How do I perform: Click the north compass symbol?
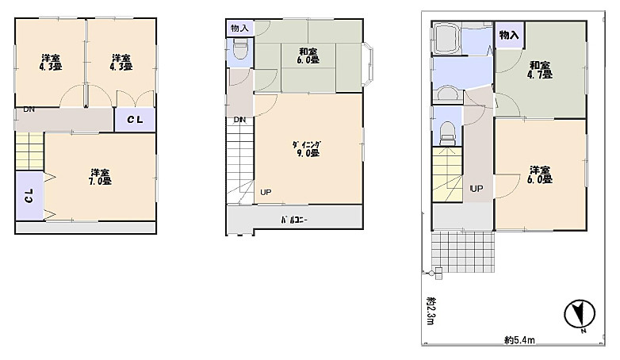coord(580,315)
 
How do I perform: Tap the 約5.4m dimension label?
coord(519,340)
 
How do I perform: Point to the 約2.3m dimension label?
coord(431,311)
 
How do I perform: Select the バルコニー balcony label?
coord(294,220)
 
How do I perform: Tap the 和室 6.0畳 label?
coord(308,56)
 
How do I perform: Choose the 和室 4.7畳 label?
coord(540,70)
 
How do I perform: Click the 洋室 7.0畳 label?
coord(100,177)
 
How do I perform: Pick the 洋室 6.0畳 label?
coord(541,174)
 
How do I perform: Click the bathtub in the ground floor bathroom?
coord(447,38)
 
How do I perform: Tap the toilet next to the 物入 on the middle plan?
coord(240,49)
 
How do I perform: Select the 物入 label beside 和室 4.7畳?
coord(509,35)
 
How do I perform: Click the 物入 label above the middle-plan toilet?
coord(239,28)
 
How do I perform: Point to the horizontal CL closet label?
coord(135,120)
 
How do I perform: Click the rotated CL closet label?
coord(29,195)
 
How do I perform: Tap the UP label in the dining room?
coord(266,192)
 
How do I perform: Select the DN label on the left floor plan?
coord(29,109)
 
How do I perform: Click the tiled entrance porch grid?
coord(463,251)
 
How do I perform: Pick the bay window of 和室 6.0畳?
coord(368,64)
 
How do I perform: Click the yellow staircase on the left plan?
coord(29,151)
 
